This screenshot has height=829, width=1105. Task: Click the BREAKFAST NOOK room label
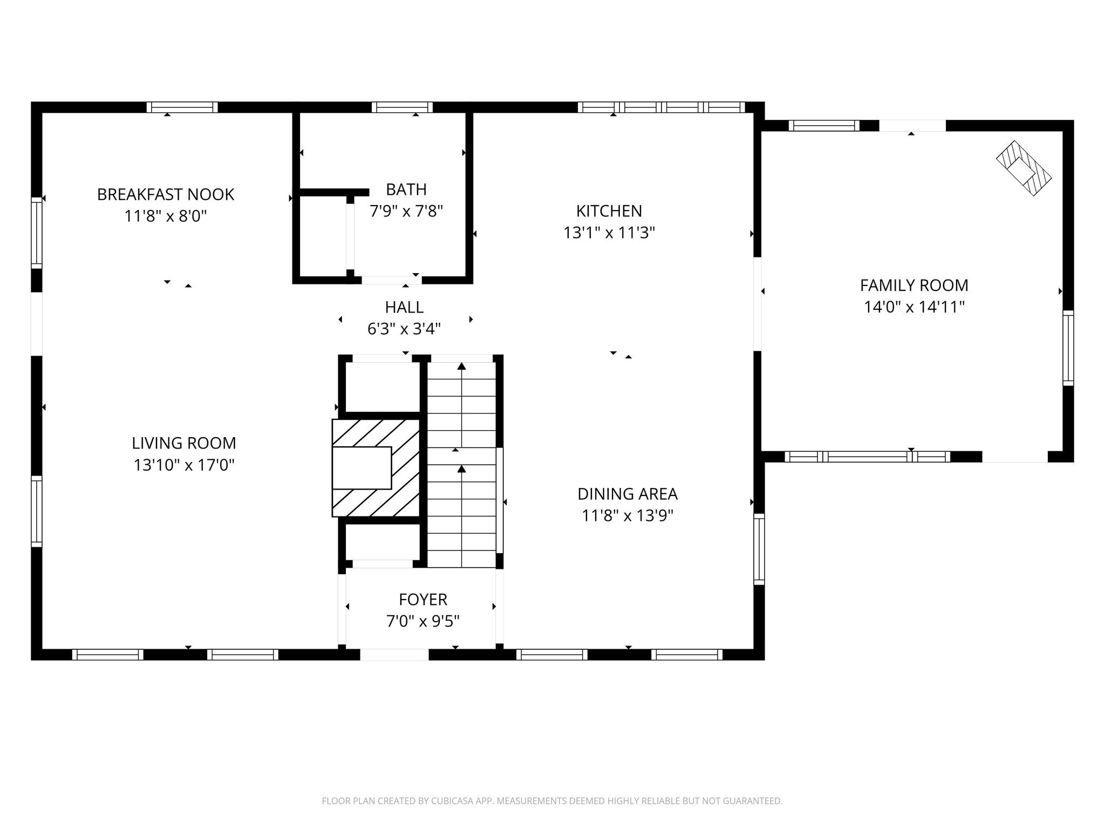(x=166, y=194)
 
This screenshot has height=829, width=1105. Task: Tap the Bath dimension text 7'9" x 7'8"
(x=406, y=211)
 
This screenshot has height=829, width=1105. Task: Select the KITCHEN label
(x=609, y=210)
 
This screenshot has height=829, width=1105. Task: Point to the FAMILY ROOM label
(x=914, y=285)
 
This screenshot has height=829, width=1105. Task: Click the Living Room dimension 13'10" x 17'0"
(x=184, y=465)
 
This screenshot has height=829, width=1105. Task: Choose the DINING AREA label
(x=627, y=494)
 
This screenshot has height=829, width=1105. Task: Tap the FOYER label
(x=423, y=600)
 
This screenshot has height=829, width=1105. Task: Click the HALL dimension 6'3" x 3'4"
(x=404, y=329)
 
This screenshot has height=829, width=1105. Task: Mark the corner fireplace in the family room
(x=1024, y=168)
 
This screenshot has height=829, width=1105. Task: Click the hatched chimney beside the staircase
(x=376, y=468)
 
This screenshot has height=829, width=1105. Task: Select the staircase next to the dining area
(x=462, y=465)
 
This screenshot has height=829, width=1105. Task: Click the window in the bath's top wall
(x=402, y=107)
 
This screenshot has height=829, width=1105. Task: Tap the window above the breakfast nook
(x=182, y=107)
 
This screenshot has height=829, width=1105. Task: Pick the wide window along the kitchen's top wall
(x=661, y=107)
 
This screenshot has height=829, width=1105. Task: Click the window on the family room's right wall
(x=1068, y=348)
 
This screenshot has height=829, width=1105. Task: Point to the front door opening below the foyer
(x=394, y=655)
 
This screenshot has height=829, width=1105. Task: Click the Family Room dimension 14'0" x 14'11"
(x=914, y=307)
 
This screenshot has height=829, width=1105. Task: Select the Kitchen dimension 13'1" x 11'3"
(x=609, y=233)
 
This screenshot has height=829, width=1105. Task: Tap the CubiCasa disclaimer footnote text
(x=552, y=801)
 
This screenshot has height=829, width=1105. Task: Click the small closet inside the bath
(x=323, y=236)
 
